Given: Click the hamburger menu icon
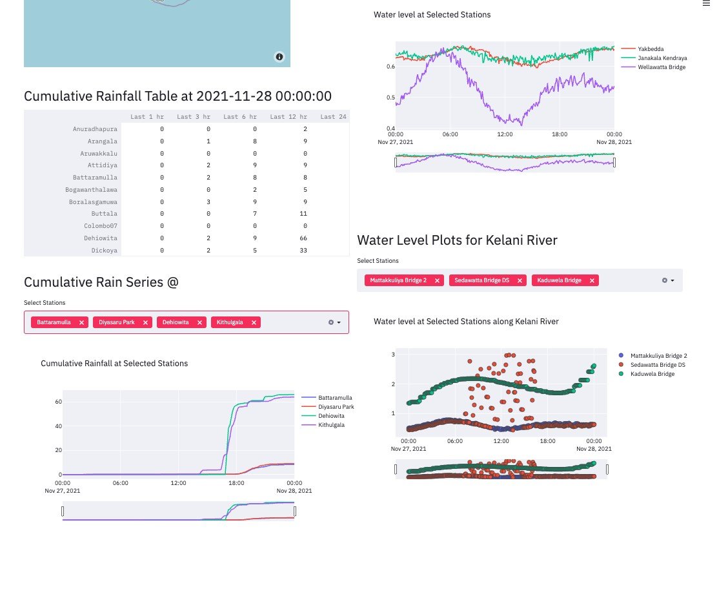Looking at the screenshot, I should point(706,3).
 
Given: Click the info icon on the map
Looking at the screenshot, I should point(279,57).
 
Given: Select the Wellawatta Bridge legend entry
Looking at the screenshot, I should point(661,67).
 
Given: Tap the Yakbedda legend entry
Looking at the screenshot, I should point(650,49).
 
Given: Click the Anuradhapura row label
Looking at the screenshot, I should point(95,129).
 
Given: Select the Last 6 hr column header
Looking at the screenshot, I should point(239,117).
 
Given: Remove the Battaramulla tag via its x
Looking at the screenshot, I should point(81,322).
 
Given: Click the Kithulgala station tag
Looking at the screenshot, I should point(230,322).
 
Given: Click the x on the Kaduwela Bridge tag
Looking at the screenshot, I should point(591,280).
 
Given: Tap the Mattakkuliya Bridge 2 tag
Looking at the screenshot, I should point(398,280).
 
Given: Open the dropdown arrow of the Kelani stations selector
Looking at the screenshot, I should point(672,281).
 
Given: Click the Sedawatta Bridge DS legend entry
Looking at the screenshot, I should point(657,365).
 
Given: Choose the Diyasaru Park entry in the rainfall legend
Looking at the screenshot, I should point(336,407).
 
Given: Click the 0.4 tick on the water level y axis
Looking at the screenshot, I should point(390,128).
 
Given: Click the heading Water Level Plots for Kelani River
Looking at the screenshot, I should point(457,240).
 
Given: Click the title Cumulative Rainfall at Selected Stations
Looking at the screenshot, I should point(114,364).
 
